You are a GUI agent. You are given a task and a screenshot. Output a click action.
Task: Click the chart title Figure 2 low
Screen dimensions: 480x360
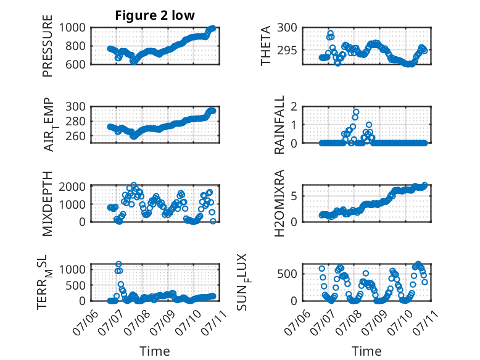[x=155, y=15]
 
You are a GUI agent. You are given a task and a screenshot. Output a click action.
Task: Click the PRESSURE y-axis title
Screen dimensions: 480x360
[x=48, y=46]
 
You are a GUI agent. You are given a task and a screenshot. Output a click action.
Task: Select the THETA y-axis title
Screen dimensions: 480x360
[x=266, y=46]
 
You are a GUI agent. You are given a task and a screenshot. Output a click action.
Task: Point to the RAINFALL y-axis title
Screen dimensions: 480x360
[x=279, y=125]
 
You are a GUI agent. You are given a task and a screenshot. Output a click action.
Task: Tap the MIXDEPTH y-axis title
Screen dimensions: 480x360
[x=48, y=204]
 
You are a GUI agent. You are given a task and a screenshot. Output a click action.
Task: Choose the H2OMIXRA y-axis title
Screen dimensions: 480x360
[x=279, y=203]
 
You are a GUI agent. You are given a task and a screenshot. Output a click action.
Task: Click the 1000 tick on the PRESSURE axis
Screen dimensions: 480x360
[x=72, y=28]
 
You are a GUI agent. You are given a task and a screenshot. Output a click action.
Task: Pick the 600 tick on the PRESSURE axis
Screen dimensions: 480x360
[x=76, y=64]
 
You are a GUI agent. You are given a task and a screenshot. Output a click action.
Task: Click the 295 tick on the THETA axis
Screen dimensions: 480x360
[x=288, y=50]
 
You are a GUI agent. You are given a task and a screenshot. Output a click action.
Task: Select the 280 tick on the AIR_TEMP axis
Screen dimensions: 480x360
[x=76, y=121]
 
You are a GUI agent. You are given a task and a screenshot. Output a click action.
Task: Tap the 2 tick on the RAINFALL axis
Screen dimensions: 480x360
[x=294, y=107]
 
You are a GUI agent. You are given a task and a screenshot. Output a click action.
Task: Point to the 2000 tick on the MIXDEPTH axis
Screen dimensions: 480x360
[x=72, y=186]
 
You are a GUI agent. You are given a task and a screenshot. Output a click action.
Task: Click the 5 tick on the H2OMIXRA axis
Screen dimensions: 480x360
[x=294, y=196]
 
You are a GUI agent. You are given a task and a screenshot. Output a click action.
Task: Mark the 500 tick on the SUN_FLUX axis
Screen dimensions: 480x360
[x=288, y=274]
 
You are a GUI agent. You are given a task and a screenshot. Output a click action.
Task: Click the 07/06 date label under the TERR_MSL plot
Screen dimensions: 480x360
[x=85, y=322]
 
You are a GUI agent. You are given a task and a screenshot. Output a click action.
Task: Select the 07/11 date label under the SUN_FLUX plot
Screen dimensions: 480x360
[x=426, y=322]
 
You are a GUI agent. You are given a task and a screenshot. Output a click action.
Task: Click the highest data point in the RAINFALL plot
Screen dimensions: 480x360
[x=356, y=112]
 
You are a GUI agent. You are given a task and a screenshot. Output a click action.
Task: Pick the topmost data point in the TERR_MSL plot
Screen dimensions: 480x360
[x=118, y=264]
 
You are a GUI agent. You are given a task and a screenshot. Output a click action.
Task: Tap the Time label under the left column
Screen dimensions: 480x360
[x=155, y=351]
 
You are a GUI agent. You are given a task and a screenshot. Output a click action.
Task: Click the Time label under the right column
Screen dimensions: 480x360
[x=366, y=351]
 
